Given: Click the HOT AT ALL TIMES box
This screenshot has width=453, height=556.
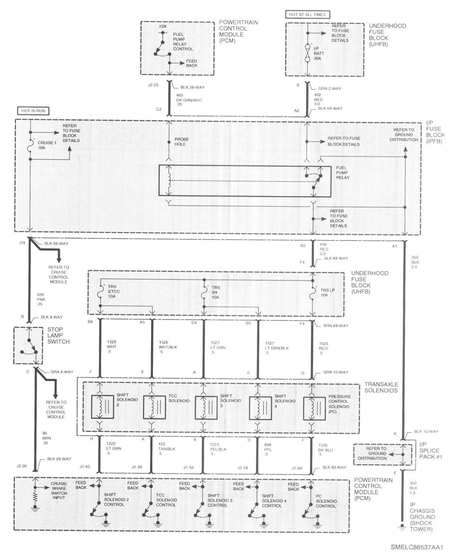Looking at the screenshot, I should coord(307,14).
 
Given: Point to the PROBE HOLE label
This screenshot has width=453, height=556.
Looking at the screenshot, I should coord(180,142).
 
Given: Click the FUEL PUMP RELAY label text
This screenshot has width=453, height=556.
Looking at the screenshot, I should coord(342,172).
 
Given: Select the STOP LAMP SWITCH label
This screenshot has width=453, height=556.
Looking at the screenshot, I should coord(58,335).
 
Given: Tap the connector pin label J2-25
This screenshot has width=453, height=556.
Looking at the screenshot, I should coord(153,85).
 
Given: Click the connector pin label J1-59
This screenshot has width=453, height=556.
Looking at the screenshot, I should coord(189,467).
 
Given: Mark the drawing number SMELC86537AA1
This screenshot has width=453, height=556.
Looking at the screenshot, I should coord(416,547).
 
